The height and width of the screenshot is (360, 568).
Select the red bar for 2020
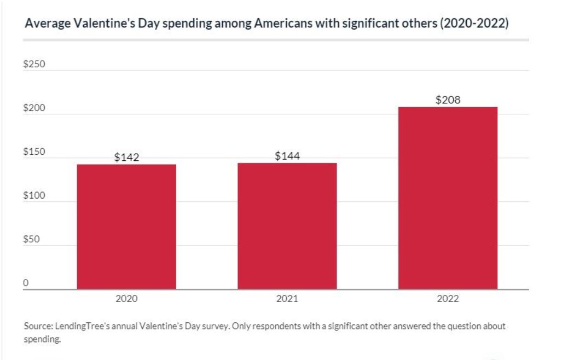126,227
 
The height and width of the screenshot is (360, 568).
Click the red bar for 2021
287,226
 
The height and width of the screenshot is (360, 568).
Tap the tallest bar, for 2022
448,198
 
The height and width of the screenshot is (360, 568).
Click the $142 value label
127,158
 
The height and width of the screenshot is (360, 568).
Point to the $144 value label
287,156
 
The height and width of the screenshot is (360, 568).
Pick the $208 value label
448,100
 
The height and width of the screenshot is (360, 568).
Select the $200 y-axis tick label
34,109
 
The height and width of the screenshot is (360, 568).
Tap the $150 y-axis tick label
34,153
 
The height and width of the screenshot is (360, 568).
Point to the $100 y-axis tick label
34,196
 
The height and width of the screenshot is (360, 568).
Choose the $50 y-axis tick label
32,240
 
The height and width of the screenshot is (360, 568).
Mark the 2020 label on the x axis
126,299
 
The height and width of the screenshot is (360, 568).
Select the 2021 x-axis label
287,299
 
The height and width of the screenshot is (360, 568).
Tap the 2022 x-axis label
448,299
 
